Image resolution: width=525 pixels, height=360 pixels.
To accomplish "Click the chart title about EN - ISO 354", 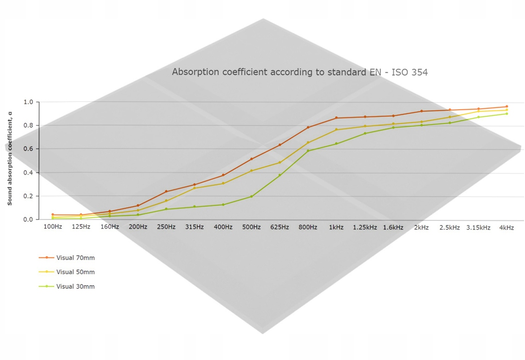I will pos(300,72).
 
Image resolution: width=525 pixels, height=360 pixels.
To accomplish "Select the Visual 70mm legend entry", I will pos(75,258).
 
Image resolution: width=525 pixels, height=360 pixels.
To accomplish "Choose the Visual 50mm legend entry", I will pos(75,272).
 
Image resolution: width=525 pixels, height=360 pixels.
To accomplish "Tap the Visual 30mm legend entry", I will pos(75,287).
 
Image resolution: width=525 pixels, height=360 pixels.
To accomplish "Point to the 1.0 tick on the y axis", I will pos(28,102).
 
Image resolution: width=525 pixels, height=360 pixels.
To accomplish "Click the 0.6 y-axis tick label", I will pos(28,149).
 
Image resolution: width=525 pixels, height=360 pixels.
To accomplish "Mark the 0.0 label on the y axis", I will pos(28,219).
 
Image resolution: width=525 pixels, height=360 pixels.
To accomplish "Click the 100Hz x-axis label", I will pos(53,227).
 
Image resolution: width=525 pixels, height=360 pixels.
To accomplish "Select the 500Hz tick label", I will pos(251,227).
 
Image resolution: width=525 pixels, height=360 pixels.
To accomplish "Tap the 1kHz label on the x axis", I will pos(336,227).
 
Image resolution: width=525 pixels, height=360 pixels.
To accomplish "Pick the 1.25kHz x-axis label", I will pos(365,227).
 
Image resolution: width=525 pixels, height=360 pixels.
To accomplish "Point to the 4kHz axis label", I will pos(507,227).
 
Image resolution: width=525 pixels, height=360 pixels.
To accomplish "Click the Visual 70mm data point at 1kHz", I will pos(336,118).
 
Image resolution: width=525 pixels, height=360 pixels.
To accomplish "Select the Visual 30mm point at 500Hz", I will pos(251,197).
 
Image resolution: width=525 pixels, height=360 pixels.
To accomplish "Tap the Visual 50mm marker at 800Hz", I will pos(308,143).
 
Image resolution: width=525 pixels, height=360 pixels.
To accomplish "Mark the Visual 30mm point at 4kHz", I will pos(507,114).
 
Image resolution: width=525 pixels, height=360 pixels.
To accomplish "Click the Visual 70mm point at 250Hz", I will pos(166,191).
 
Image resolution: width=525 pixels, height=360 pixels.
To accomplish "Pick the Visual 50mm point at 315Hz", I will pos(195,188).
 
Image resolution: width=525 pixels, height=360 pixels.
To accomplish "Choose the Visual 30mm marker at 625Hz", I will pos(280,175).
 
